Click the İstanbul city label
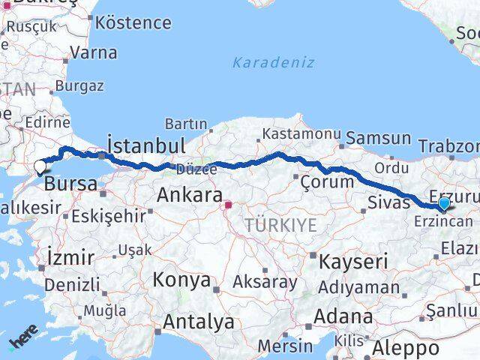pos(145,144)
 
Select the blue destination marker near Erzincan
pos(444,203)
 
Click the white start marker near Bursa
pos(40,166)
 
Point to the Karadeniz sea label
pos(273,62)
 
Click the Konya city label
pos(181,280)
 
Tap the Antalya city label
pos(198,322)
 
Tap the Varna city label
pos(93,53)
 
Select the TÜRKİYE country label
pos(280,224)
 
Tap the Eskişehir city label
pos(109,216)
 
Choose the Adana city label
pos(343,316)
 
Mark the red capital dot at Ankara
pos(228,202)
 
